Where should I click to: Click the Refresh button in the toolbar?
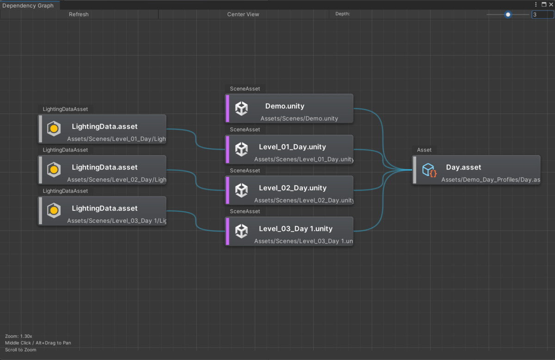pos(79,14)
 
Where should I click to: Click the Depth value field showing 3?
pos(542,14)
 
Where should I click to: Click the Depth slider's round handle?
pos(508,14)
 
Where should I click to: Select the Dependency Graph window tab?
pos(28,6)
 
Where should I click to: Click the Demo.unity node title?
pos(284,106)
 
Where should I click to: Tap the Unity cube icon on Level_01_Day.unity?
pos(241,149)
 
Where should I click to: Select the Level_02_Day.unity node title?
pos(292,188)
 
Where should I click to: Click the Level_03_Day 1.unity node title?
pos(296,229)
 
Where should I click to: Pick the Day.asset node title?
pos(463,167)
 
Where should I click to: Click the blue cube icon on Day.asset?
pos(429,170)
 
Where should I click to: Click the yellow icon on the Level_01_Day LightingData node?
pos(54,129)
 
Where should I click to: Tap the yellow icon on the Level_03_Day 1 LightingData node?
pos(54,211)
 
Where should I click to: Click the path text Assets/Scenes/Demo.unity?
pos(299,119)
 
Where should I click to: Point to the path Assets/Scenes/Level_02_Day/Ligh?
pos(116,180)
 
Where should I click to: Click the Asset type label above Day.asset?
pos(424,150)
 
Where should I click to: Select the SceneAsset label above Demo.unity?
pos(245,89)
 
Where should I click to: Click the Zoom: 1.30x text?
pos(18,336)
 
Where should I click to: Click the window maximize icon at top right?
pos(544,4)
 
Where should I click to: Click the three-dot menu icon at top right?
pos(536,4)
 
